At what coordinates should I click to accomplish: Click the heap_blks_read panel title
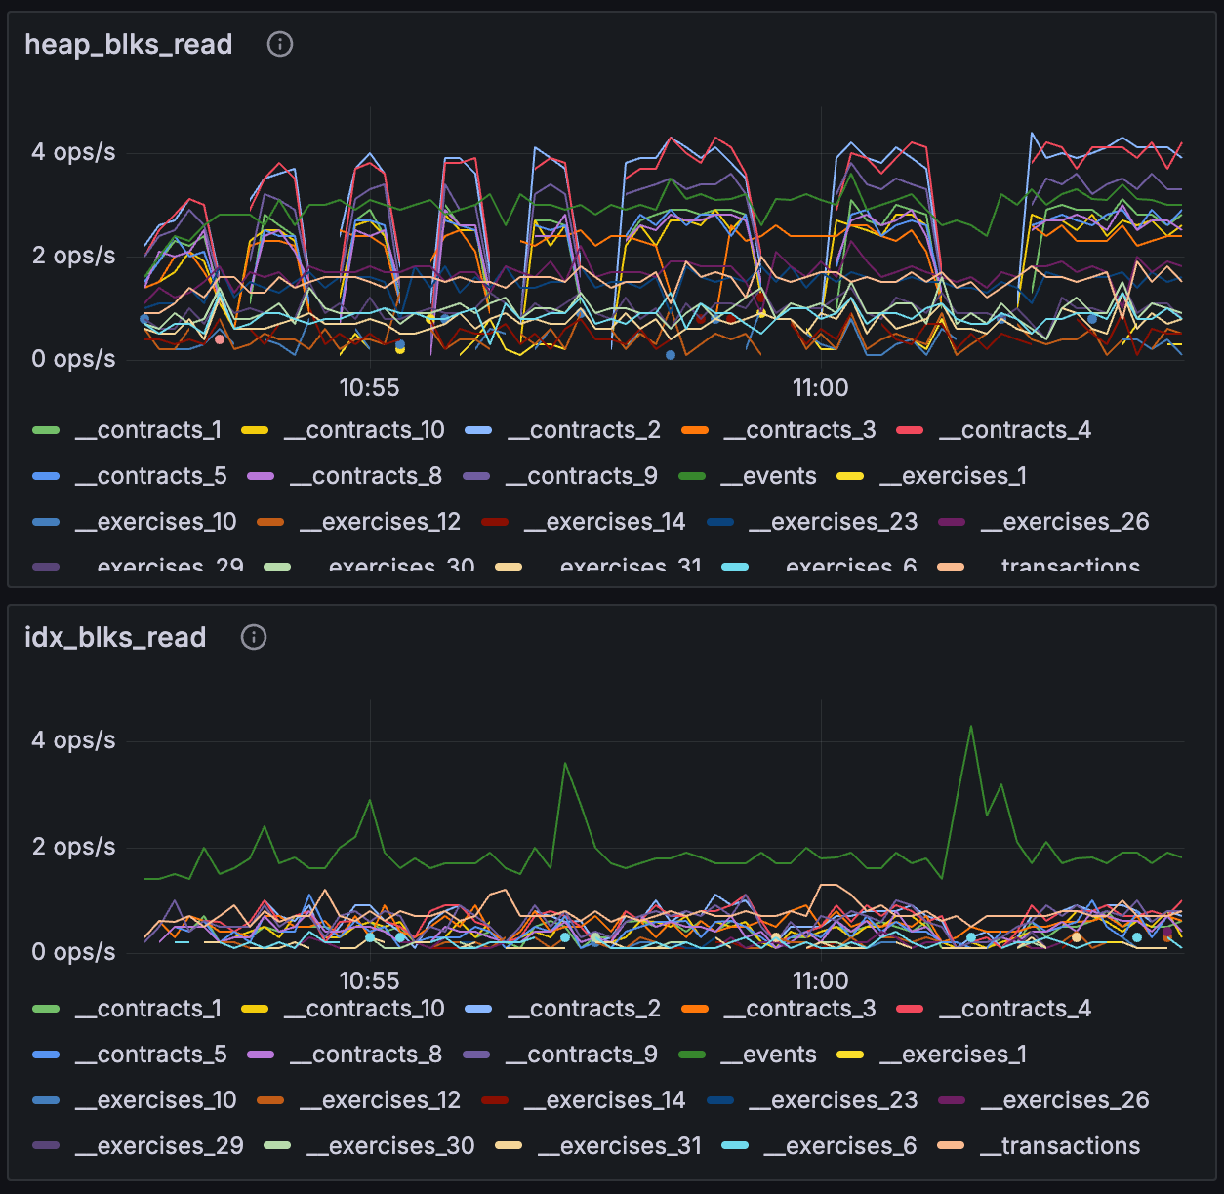click(128, 45)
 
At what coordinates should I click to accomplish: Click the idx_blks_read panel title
click(115, 638)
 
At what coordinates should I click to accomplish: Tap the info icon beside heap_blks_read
click(280, 44)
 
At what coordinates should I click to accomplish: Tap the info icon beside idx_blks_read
click(254, 637)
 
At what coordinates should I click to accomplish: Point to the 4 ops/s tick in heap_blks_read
click(73, 152)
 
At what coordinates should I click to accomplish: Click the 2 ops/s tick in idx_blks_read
click(73, 847)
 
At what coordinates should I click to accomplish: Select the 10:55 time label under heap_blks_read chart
click(369, 388)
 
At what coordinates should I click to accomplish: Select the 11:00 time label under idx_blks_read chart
click(820, 981)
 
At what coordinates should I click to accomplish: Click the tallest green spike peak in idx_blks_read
click(970, 727)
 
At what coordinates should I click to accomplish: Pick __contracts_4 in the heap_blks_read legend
click(1014, 430)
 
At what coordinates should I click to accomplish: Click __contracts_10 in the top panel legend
click(364, 430)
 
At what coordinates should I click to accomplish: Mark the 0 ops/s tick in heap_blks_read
click(73, 359)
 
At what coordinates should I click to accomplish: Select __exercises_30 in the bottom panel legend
click(390, 1146)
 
